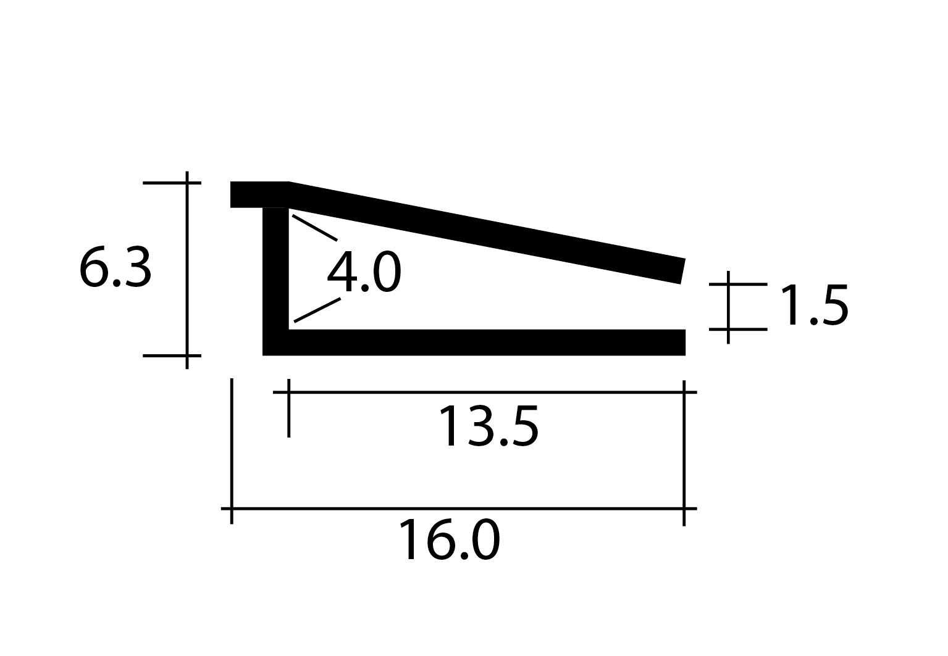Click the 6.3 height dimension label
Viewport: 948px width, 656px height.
[115, 268]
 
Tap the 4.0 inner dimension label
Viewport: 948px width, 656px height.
[364, 272]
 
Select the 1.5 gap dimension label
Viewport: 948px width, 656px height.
[814, 305]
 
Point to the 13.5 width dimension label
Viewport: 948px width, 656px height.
[489, 426]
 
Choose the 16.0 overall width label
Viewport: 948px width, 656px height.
[449, 540]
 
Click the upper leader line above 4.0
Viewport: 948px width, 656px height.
[315, 228]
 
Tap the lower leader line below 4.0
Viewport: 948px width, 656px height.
[317, 310]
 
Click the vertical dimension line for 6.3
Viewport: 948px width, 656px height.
[187, 270]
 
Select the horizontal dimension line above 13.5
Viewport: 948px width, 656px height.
[485, 392]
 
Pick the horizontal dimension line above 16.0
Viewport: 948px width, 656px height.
[459, 509]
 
